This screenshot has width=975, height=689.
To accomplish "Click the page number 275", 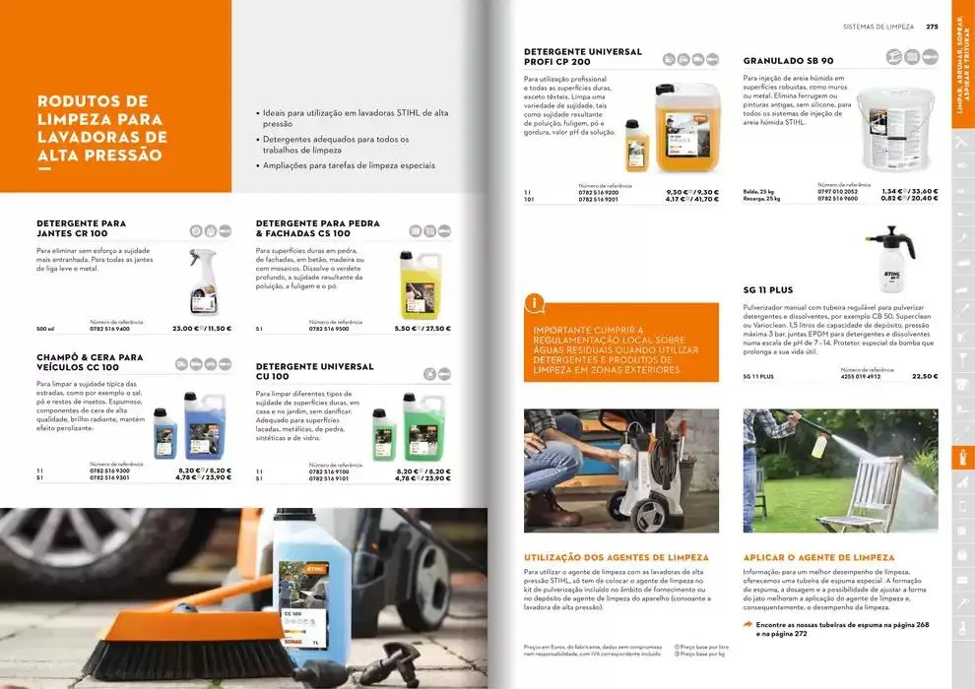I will [x=932, y=27].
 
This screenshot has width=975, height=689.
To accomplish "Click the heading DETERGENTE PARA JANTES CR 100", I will [x=81, y=228].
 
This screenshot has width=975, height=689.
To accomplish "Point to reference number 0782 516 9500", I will [x=329, y=329].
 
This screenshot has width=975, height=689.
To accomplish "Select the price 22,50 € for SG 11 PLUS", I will [x=925, y=376].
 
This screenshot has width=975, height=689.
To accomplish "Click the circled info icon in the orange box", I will [x=535, y=303].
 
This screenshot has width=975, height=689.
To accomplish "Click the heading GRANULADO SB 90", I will [x=788, y=61].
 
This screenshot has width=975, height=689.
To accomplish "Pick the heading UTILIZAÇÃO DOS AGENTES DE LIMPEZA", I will [x=616, y=558].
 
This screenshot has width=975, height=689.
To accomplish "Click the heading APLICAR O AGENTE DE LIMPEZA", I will [x=818, y=558].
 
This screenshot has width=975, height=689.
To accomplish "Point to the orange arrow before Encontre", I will [x=748, y=624].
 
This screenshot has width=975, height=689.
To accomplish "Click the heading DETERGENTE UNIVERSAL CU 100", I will [x=314, y=371].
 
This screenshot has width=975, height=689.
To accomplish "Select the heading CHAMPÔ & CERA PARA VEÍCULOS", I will [x=90, y=362].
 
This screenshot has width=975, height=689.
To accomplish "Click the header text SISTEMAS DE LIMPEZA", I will [x=878, y=27].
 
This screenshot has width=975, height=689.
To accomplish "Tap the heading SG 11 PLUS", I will [x=767, y=290].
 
